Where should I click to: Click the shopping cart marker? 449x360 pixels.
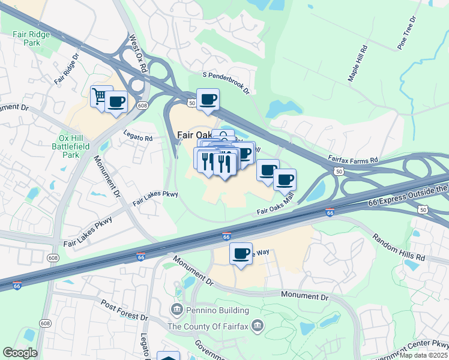(x=100, y=96)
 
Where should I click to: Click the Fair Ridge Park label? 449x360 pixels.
(x=31, y=39)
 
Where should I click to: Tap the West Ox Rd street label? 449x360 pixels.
(x=138, y=54)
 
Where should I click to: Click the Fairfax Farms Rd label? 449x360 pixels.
(x=353, y=160)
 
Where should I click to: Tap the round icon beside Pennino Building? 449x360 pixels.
(x=177, y=310)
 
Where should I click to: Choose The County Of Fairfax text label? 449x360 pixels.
(x=208, y=326)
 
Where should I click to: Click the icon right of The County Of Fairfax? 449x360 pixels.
(x=257, y=326)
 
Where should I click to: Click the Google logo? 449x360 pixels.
(x=20, y=352)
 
